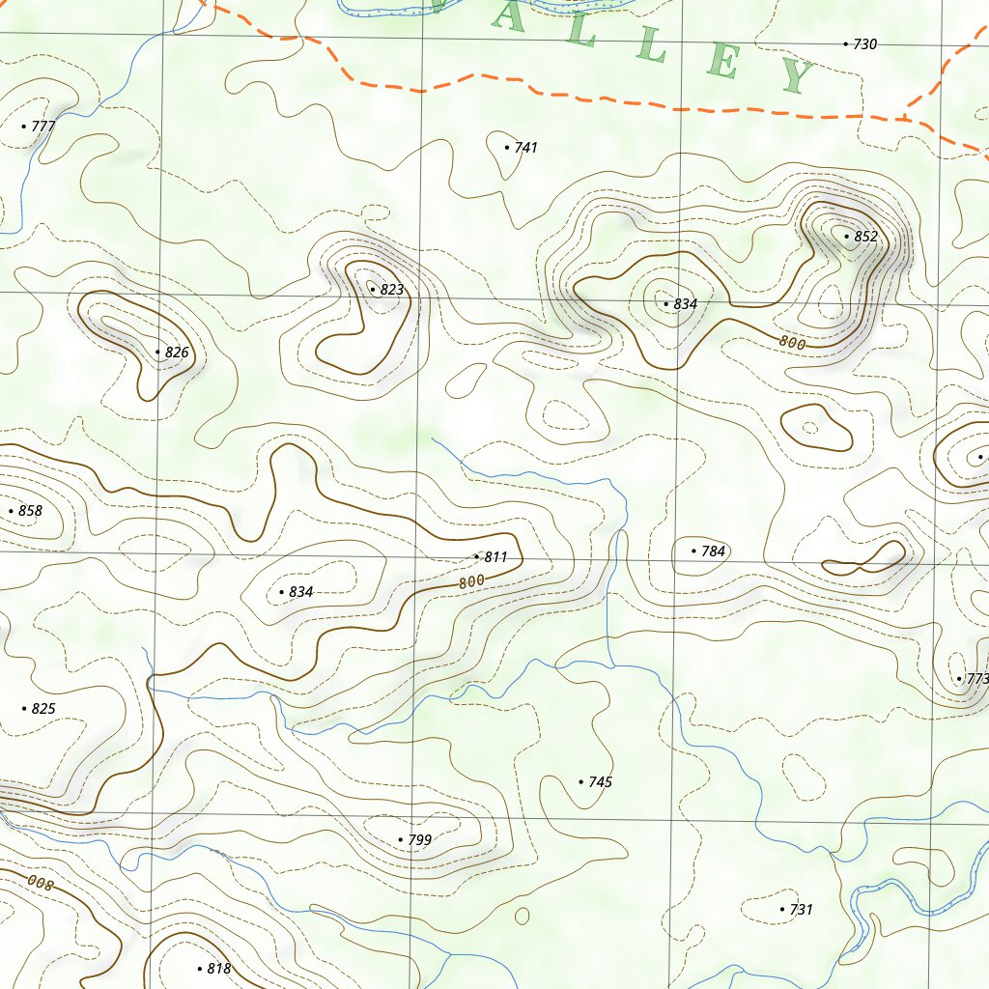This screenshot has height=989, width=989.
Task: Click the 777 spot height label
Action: click(43, 127)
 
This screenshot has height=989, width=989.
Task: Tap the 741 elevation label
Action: click(525, 148)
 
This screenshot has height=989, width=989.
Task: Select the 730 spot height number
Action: click(864, 44)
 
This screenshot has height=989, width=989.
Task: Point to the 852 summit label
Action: click(865, 237)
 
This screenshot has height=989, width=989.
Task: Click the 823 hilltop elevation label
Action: click(391, 290)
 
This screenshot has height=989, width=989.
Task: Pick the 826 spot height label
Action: click(176, 353)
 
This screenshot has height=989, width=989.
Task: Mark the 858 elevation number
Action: click(30, 511)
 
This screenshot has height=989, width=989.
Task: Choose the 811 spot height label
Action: click(495, 557)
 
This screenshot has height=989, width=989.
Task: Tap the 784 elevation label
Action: click(713, 551)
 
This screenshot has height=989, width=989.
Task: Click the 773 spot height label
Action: click(976, 680)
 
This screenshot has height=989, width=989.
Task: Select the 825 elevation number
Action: click(42, 709)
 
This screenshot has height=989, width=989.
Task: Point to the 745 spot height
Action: click(600, 782)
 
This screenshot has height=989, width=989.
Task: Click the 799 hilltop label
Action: click(419, 841)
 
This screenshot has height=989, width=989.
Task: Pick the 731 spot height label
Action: click(801, 910)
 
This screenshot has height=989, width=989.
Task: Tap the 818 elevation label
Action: click(218, 969)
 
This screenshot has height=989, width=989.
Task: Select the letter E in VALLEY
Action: click(723, 61)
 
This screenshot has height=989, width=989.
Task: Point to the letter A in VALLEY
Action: click(509, 17)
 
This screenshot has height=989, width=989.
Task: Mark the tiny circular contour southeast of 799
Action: click(523, 915)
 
